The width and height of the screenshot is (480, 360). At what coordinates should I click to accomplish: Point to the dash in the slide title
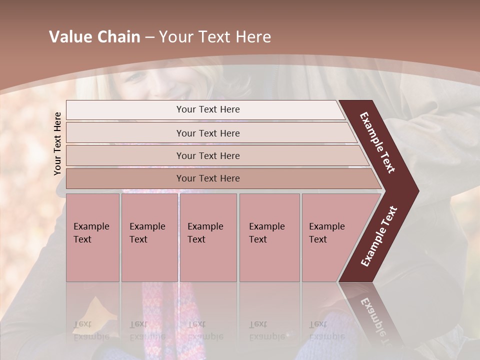149,37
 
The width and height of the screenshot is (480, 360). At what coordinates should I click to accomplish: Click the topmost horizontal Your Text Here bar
207,109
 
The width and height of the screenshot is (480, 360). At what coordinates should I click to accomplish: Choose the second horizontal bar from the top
208,133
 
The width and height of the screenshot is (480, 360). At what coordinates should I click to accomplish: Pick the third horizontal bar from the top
208,155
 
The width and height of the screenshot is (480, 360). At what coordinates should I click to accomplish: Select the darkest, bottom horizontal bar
208,178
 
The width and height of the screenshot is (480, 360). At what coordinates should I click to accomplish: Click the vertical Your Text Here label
57,143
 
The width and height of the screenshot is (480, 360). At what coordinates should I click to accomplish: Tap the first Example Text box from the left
92,237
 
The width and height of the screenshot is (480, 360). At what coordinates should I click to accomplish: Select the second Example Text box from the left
149,237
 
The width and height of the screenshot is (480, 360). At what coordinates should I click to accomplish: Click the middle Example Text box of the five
208,237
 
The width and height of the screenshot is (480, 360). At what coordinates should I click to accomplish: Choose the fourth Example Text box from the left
269,237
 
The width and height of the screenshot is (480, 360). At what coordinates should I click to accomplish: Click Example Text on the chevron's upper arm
377,142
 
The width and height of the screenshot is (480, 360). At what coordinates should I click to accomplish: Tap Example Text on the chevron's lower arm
379,236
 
